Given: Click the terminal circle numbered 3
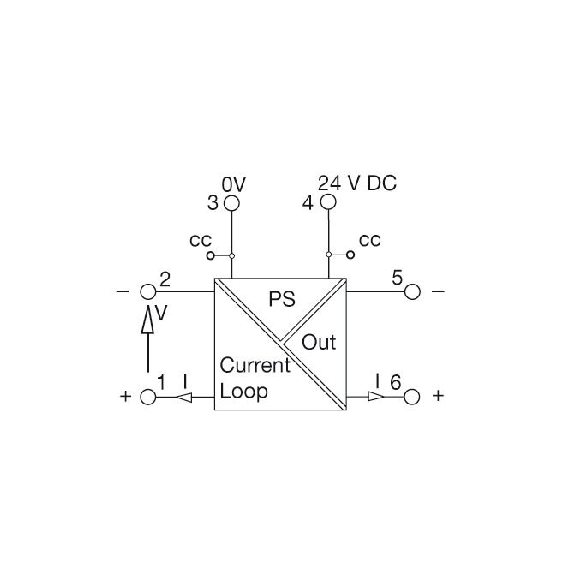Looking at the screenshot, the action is pos(231,203).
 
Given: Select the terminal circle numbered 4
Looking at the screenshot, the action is pos(328,201).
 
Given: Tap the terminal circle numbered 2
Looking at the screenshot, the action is pos(148,291).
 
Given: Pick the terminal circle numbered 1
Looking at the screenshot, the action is pos(148,397).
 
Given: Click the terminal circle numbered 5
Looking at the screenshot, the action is pos(412,291).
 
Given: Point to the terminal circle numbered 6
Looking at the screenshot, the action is pos(412,397).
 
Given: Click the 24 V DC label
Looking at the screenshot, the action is pos(357,183).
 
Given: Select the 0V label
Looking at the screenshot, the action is pos(234,184).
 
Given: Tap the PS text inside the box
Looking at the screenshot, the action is pos(282,299).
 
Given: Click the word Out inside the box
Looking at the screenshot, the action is pos(319,342).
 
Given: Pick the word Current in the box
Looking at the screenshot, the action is pos(255,365).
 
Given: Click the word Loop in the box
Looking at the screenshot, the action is pos(243,392).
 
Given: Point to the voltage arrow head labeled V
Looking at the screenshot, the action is pos(148,319).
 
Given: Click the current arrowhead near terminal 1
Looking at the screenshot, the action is pos(183,397).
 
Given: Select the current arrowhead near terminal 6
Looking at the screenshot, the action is pos(376,396).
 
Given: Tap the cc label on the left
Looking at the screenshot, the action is pos(201,240).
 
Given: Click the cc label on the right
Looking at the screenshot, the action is pos(370,240).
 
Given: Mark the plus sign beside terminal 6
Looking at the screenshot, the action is pos(438,395).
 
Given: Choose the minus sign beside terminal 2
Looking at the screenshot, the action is pos(123,291).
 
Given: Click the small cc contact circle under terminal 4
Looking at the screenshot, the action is pos(350,255).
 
